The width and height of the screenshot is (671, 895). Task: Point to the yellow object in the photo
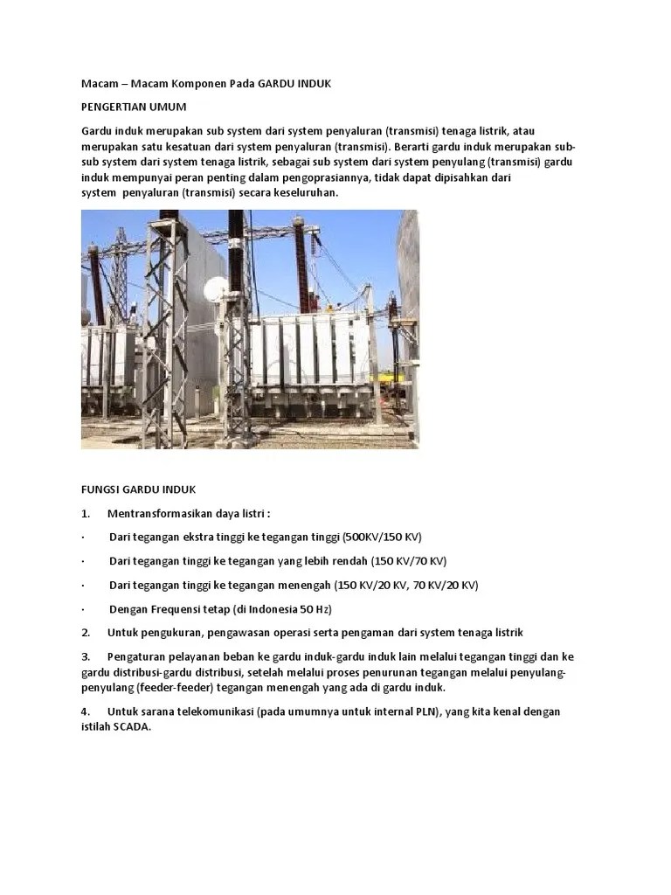click(x=329, y=307)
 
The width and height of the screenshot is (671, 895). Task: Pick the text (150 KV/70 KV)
click(x=408, y=560)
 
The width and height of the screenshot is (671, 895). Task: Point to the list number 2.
click(x=86, y=633)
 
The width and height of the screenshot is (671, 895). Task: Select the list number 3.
click(x=86, y=656)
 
